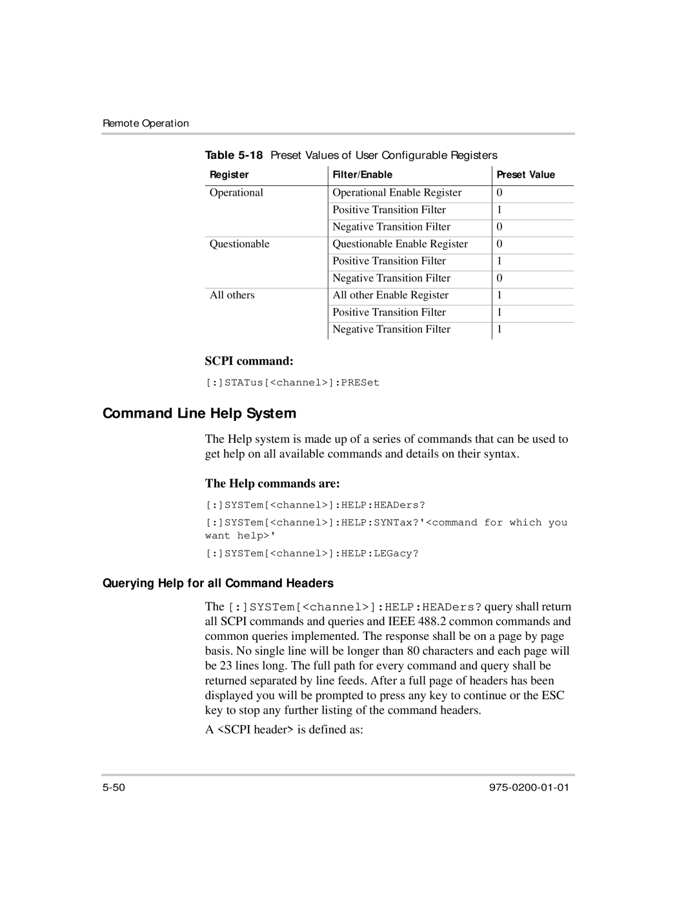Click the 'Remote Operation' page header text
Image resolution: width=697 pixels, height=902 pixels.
[x=146, y=123]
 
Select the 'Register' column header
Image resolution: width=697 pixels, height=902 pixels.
[x=229, y=175]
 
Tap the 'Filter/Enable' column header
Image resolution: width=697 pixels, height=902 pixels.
[x=362, y=175]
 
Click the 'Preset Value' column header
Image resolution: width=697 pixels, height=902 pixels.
[x=525, y=175]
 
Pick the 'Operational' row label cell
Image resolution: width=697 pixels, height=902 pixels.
[x=236, y=192]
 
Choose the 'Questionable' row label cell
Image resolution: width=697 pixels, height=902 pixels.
[x=239, y=244]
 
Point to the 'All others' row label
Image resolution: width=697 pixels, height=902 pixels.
[x=232, y=295]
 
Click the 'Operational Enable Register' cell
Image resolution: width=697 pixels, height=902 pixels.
[x=397, y=192]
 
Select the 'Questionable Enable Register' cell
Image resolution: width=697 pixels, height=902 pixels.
[x=400, y=244]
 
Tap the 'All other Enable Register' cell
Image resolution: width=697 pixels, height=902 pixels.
[x=390, y=295]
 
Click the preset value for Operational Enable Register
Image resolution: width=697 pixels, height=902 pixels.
[x=500, y=192]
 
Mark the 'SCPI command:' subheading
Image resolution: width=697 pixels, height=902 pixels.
[x=249, y=360]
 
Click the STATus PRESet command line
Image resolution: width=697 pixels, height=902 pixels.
[x=292, y=383]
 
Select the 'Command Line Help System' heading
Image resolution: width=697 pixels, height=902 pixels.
[x=199, y=413]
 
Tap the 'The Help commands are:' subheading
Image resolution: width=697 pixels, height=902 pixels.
[x=272, y=484]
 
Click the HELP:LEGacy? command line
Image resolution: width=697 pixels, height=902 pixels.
[x=312, y=553]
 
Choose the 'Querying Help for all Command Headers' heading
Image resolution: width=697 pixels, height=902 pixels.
[x=218, y=584]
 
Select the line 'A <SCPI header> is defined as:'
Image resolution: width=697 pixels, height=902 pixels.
[x=284, y=730]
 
